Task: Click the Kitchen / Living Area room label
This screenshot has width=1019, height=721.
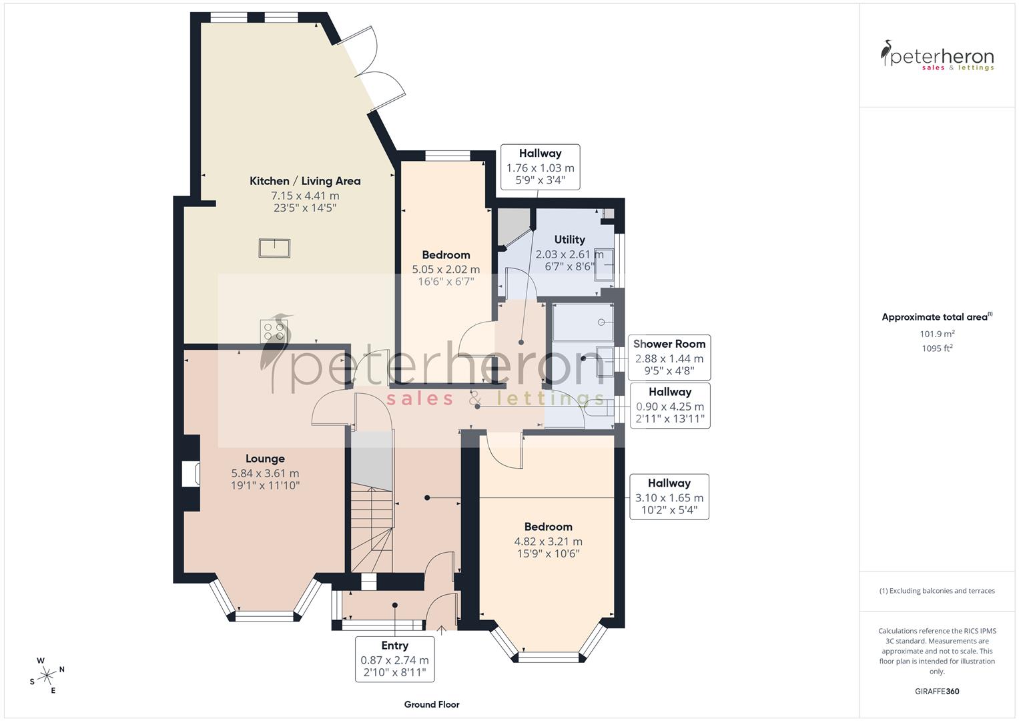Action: point(305,181)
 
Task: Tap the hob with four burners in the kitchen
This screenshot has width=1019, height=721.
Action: point(273,331)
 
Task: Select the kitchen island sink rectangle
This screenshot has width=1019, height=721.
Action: point(274,248)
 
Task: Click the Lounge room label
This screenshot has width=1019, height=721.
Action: point(265,459)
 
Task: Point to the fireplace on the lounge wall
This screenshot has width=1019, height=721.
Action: point(190,473)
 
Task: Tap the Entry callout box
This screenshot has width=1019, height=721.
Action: point(394,659)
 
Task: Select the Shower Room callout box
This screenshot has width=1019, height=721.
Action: point(669,358)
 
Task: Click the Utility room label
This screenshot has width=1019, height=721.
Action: point(569,240)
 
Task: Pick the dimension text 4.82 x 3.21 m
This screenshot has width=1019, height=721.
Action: point(548,541)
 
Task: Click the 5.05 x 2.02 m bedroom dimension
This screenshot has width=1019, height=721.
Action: point(446,269)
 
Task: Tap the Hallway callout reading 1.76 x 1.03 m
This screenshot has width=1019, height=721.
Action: point(540,168)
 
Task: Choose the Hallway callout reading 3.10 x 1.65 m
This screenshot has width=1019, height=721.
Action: point(669,497)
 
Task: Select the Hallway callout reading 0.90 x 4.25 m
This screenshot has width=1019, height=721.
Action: point(669,406)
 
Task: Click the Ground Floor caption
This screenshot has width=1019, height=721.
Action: point(432,704)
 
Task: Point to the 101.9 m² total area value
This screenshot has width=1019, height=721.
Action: point(937,334)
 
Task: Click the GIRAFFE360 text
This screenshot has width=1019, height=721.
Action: point(937,691)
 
